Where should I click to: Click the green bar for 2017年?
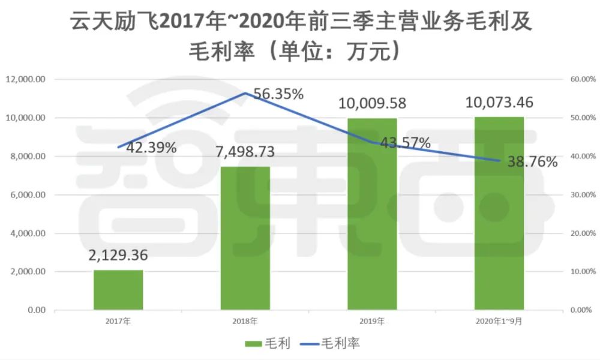pos(118,290)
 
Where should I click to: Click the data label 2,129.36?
pos(118,256)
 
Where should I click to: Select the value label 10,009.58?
pos(372,103)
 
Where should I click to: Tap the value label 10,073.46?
pos(499,101)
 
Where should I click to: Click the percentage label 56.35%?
pos(278,94)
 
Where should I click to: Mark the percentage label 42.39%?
pos(151,148)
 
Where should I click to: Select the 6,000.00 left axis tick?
pos(28,195)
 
